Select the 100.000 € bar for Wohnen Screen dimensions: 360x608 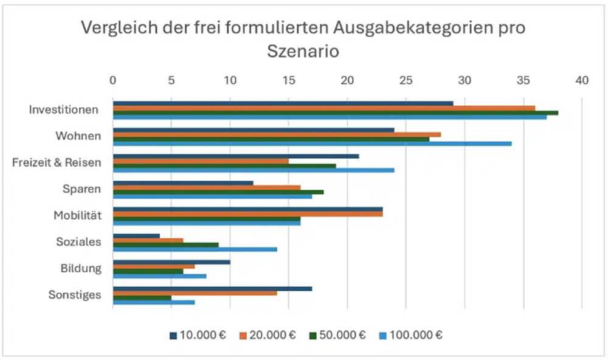coord(312,144)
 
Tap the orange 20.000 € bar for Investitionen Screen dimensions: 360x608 coord(323,108)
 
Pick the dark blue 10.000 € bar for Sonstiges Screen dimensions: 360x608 coord(212,289)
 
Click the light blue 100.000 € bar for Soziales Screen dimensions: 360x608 coord(195,249)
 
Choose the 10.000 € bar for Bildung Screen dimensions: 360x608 coord(171,262)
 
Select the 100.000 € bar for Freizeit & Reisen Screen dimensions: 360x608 coord(253,170)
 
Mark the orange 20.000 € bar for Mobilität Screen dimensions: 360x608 coord(247,214)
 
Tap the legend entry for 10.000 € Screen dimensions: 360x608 coord(197,335)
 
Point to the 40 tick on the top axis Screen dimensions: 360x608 coord(582,80)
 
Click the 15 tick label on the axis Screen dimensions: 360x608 coord(289,80)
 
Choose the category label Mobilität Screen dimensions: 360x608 coord(77,215)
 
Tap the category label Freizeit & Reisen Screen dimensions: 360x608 coord(57,162)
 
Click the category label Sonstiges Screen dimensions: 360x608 coord(75,295)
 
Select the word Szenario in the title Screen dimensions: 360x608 coord(303,52)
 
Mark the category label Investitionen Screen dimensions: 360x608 coord(64,110)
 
